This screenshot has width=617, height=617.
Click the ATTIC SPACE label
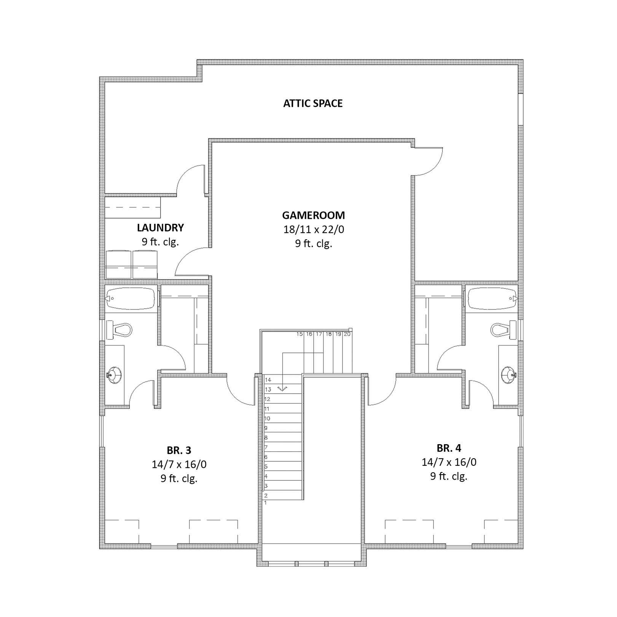[x=313, y=104]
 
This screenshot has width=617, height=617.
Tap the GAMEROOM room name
[x=313, y=215]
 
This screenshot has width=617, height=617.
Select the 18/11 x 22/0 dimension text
[x=313, y=230]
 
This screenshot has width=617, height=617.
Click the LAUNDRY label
[x=160, y=228]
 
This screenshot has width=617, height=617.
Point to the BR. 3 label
[x=179, y=450]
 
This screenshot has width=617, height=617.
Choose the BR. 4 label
[x=449, y=448]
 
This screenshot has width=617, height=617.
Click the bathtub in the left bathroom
[x=131, y=299]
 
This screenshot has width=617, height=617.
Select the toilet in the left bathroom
[x=119, y=330]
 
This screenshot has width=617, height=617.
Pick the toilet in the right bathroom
[x=503, y=330]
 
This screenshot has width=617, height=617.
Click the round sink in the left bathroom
[x=114, y=375]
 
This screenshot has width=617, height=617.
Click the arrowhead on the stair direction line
[x=282, y=389]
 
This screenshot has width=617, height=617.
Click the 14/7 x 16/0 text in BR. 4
[x=449, y=462]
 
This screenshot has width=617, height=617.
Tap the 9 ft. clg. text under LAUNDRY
[x=160, y=242]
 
